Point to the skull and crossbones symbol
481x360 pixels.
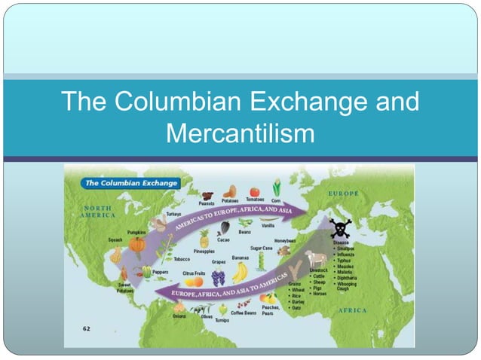(x=340, y=228)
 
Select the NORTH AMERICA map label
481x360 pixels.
(x=98, y=211)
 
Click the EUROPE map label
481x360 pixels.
(x=343, y=194)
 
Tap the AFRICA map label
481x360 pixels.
(x=351, y=310)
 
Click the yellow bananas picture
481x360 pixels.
(x=240, y=272)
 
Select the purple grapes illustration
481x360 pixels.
(x=219, y=276)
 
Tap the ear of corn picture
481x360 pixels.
(x=277, y=187)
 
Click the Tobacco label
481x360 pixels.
(x=182, y=259)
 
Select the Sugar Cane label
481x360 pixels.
(x=262, y=247)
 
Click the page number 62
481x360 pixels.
(x=86, y=329)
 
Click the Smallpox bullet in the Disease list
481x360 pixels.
(x=348, y=248)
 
